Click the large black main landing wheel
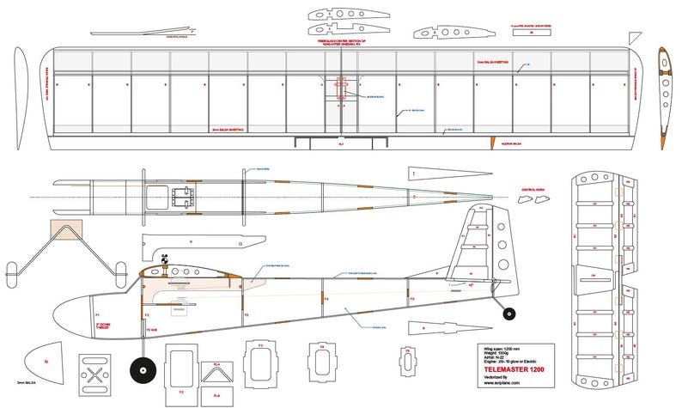[x=141, y=372]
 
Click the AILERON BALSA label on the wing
[x=513, y=143]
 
